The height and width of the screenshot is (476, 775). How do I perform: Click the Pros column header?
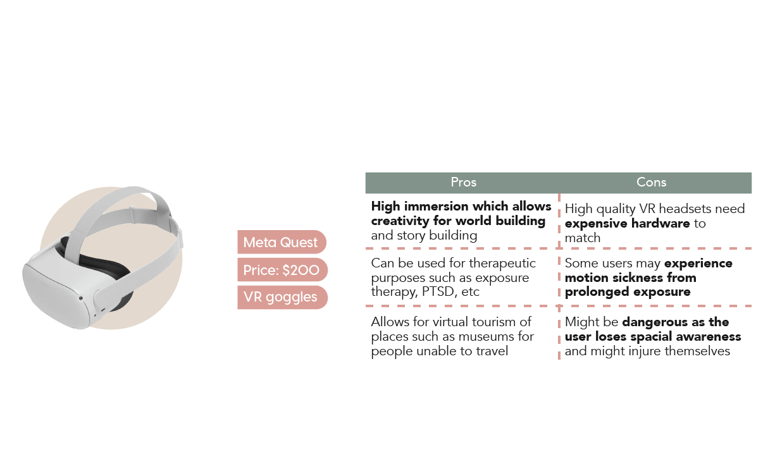tap(463, 183)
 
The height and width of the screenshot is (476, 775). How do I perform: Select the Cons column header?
tap(651, 183)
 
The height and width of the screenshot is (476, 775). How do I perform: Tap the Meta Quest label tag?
tap(280, 243)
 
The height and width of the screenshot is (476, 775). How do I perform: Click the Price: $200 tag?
tap(282, 271)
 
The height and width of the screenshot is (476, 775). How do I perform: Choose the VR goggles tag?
tap(280, 298)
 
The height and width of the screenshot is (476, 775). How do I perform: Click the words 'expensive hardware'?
tap(626, 223)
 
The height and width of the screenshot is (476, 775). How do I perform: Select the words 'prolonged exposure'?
tap(628, 292)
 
